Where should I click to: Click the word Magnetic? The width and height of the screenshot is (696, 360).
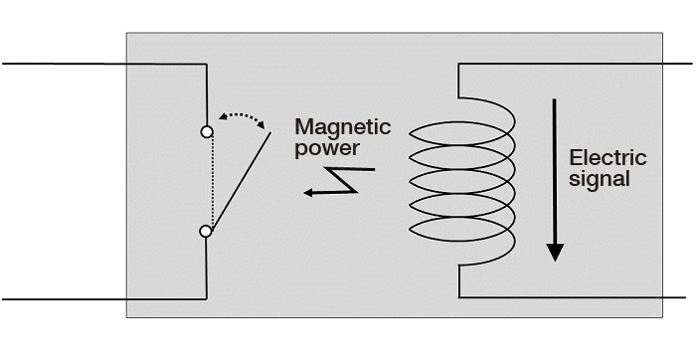(x=342, y=128)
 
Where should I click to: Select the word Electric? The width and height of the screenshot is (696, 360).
(x=608, y=158)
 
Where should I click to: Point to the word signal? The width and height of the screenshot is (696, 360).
(x=600, y=180)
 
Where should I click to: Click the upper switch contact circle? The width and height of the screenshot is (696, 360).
(x=206, y=131)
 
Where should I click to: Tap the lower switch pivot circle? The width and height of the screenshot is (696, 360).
(x=206, y=231)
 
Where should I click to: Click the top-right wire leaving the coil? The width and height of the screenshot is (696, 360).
(x=577, y=64)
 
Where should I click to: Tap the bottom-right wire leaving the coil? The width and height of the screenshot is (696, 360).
(x=577, y=296)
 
